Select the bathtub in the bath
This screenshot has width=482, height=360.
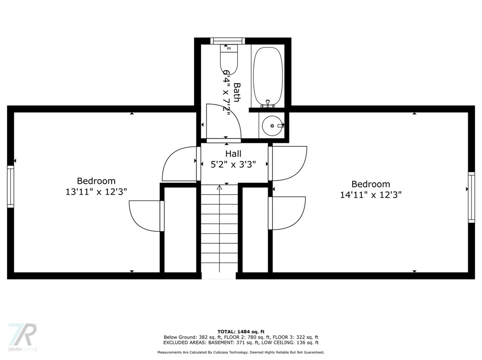pyautogui.click(x=268, y=76)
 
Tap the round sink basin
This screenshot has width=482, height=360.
pyautogui.click(x=272, y=125)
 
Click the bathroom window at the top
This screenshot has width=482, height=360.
pyautogui.click(x=228, y=41)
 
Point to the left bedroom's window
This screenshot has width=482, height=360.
pyautogui.click(x=10, y=186)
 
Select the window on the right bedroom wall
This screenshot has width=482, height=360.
pyautogui.click(x=471, y=197)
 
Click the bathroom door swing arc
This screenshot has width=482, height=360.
pyautogui.click(x=224, y=121)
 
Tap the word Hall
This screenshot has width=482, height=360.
pyautogui.click(x=233, y=154)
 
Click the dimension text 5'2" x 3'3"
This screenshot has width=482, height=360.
pyautogui.click(x=233, y=165)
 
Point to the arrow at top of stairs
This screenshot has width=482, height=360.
pyautogui.click(x=219, y=188)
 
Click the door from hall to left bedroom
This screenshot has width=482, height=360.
pyautogui.click(x=179, y=164)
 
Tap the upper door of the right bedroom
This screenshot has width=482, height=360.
pyautogui.click(x=289, y=163)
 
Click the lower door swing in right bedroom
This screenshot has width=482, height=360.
pyautogui.click(x=288, y=213)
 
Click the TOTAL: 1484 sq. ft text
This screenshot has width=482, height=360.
pyautogui.click(x=241, y=331)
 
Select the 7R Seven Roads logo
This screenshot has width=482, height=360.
pyautogui.click(x=22, y=337)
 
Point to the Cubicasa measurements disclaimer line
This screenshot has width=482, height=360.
pyautogui.click(x=241, y=352)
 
